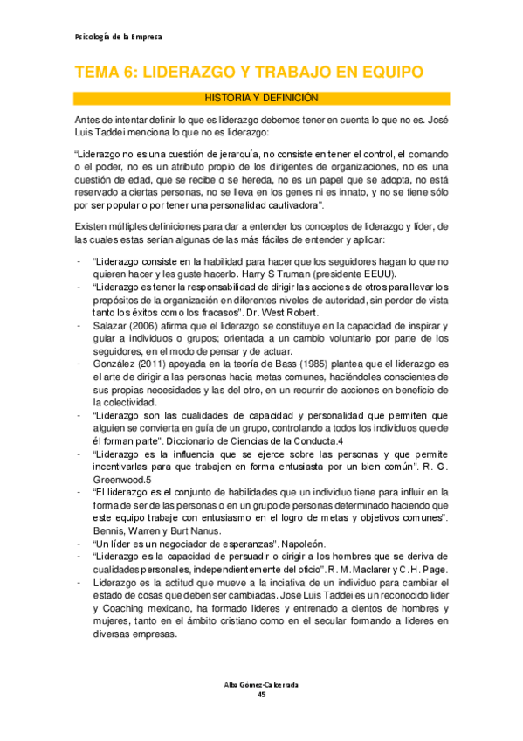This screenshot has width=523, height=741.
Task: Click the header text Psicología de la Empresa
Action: click(114, 38)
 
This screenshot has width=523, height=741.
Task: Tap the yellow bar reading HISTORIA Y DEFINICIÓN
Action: click(261, 98)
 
